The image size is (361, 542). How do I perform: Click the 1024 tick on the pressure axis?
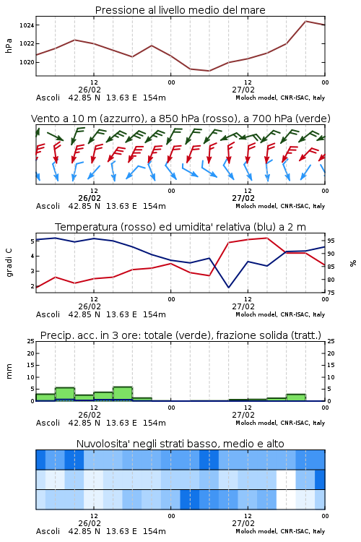tap(26, 25)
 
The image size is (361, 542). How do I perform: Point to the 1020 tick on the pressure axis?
tap(26, 62)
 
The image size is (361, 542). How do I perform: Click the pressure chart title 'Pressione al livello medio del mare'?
tap(180, 10)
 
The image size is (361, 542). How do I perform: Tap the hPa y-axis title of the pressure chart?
tap(9, 46)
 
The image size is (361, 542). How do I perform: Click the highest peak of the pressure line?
tap(305, 21)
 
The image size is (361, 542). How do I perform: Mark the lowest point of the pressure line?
tap(209, 71)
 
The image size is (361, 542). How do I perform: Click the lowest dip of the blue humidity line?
tap(228, 287)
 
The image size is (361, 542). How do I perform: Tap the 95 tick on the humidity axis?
tap(331, 241)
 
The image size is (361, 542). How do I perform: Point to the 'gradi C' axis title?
tap(9, 263)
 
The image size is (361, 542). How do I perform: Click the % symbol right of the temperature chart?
tap(353, 263)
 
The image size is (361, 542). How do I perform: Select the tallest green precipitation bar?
tap(123, 394)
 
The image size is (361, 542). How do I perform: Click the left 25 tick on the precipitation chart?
tap(31, 341)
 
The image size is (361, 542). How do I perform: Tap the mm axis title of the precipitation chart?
tap(9, 371)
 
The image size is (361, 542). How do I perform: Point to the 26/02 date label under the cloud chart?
tap(90, 523)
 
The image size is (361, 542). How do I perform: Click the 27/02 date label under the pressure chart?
tap(243, 90)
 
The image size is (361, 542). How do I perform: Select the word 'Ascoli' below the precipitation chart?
tap(48, 423)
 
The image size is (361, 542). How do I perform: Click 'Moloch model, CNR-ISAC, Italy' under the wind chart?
tap(280, 206)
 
